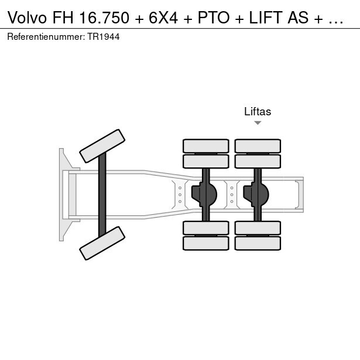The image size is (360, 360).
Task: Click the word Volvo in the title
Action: (x=27, y=18)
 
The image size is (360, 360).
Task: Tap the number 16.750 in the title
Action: (x=104, y=18)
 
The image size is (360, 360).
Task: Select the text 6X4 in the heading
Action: (x=163, y=18)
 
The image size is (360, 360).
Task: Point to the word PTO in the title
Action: (x=214, y=18)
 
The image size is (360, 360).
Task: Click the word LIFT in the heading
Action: (x=266, y=18)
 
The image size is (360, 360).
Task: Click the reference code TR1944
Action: (x=103, y=37)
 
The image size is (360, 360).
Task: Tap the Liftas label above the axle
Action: (x=258, y=112)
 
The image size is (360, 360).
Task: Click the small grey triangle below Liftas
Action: (x=258, y=123)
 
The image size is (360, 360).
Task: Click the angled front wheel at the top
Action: (x=102, y=146)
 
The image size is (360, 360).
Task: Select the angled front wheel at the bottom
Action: (x=102, y=243)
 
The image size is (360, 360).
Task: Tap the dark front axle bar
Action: (x=102, y=195)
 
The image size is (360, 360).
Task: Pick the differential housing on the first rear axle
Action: (x=204, y=194)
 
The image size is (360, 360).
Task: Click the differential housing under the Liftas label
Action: (x=256, y=194)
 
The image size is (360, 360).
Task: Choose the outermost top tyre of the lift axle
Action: (x=258, y=146)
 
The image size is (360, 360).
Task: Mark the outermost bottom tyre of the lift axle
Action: (x=258, y=243)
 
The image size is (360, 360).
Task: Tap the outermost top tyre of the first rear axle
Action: (x=206, y=146)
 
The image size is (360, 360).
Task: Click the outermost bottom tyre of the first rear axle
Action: (x=206, y=243)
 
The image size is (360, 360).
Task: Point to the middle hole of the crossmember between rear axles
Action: (x=232, y=195)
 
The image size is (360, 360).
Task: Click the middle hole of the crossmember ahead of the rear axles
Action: (x=180, y=195)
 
